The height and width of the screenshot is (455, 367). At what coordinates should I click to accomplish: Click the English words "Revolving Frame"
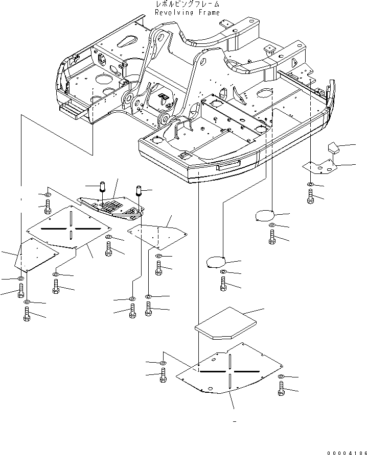(188, 12)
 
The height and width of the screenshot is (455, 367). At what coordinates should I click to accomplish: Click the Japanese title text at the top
(188, 5)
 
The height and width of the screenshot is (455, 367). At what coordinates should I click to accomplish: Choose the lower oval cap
(215, 262)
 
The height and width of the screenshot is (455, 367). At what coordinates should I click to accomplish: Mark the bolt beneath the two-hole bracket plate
(310, 196)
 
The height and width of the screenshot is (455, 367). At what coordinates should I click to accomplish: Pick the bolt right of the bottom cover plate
(281, 389)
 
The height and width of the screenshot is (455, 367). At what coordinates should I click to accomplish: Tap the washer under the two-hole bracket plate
(310, 184)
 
